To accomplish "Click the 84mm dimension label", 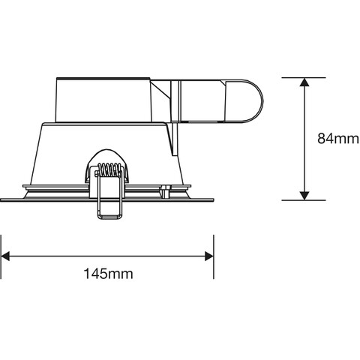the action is tap(338, 139).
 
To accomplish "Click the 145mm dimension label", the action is tap(108, 274).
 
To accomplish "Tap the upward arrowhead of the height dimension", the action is tap(304, 82).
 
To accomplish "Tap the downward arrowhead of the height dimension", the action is tap(304, 196).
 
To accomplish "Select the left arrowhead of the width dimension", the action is tap(5, 256).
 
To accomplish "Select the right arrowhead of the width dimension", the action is tap(209, 256).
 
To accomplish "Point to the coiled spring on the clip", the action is tap(109, 169).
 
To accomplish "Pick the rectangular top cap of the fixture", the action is tap(103, 100).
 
